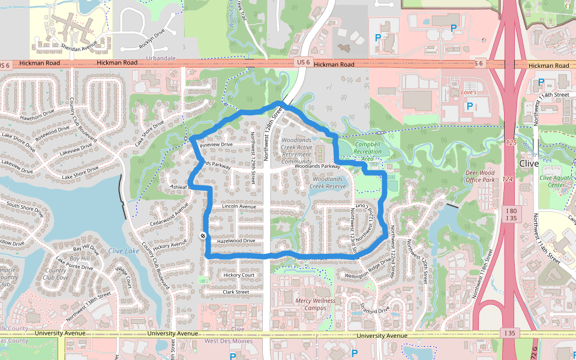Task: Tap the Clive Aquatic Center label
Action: (553, 181)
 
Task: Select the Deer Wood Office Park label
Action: (480, 176)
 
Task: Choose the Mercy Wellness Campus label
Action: (315, 304)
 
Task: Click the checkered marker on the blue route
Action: (203, 236)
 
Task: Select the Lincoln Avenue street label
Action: (239, 206)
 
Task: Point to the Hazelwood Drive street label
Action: (236, 241)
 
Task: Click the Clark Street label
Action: (236, 292)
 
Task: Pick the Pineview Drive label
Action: (216, 145)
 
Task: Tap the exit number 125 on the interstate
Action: (511, 143)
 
